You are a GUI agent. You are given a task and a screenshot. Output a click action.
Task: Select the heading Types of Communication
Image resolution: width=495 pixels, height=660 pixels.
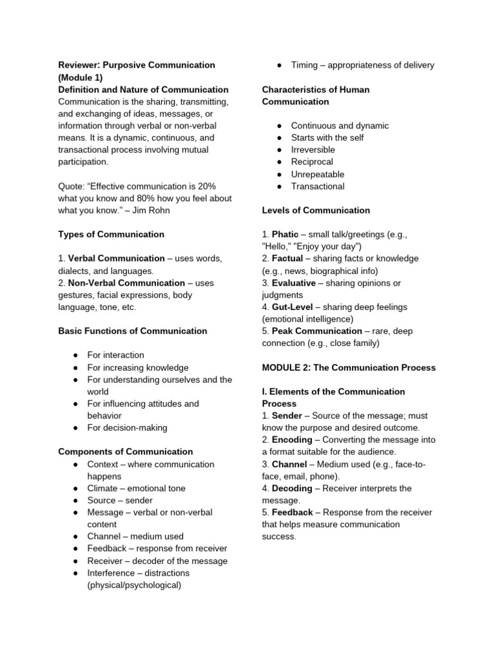pyautogui.click(x=111, y=235)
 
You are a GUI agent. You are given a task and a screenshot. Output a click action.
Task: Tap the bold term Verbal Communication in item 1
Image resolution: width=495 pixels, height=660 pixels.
pyautogui.click(x=116, y=258)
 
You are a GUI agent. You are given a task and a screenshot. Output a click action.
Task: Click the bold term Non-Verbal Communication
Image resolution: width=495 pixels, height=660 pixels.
pyautogui.click(x=126, y=283)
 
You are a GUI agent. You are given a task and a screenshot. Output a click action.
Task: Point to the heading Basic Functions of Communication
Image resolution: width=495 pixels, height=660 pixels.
pyautogui.click(x=133, y=331)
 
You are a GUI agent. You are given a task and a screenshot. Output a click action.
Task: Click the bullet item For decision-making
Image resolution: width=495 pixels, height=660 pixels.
pyautogui.click(x=127, y=428)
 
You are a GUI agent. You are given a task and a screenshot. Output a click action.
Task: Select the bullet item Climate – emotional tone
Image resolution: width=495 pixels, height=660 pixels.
pyautogui.click(x=136, y=489)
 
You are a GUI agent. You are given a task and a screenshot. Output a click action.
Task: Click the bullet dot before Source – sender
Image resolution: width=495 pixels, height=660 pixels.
pyautogui.click(x=75, y=501)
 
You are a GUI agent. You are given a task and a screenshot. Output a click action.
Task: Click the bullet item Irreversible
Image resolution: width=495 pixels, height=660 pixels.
pyautogui.click(x=313, y=150)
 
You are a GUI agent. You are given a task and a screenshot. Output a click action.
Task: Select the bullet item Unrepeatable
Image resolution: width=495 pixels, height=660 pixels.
pyautogui.click(x=317, y=175)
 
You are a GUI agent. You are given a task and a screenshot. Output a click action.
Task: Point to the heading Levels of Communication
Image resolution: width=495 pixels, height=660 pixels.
pyautogui.click(x=316, y=211)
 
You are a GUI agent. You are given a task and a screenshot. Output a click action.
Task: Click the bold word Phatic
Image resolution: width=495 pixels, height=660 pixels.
pyautogui.click(x=285, y=235)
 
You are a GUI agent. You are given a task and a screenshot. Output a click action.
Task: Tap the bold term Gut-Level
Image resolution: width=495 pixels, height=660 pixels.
pyautogui.click(x=293, y=307)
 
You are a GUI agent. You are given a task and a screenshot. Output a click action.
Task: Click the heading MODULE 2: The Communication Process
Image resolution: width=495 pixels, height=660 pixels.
pyautogui.click(x=349, y=368)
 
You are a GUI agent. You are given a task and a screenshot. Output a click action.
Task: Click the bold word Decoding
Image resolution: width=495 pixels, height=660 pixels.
pyautogui.click(x=293, y=489)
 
